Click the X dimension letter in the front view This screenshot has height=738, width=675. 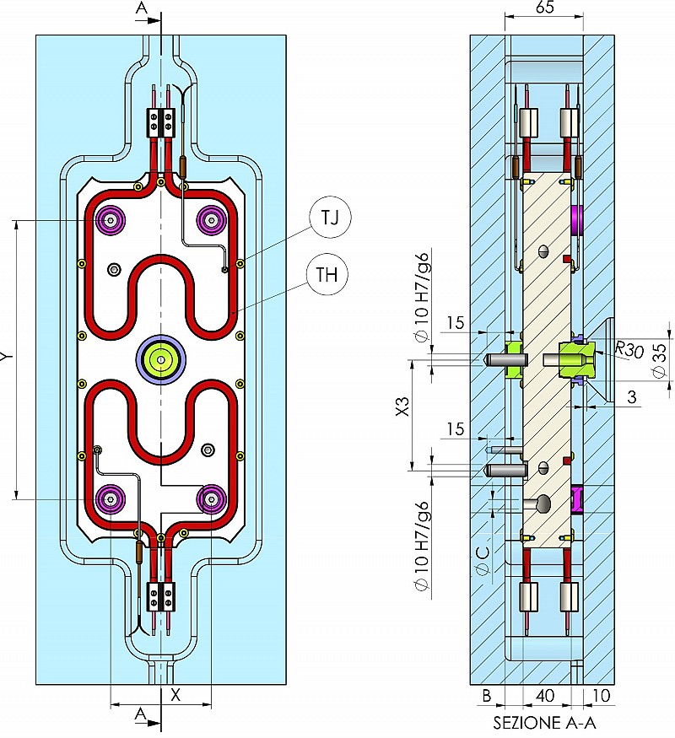coord(175,695)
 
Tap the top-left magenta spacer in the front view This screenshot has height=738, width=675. coord(111,220)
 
